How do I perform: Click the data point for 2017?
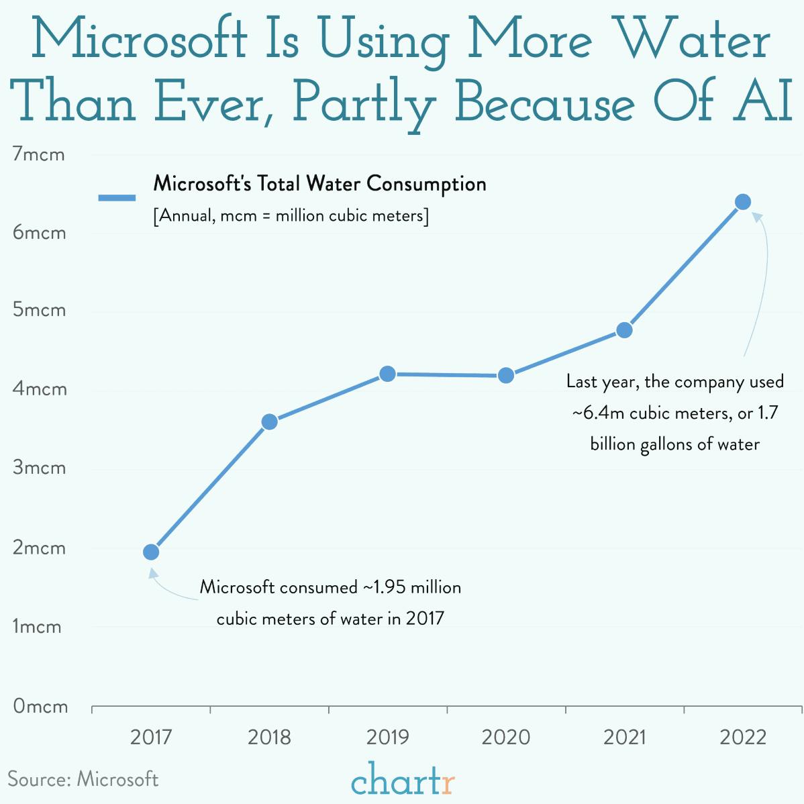pyautogui.click(x=151, y=552)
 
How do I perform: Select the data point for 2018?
pyautogui.click(x=269, y=421)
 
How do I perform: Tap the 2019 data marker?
pyautogui.click(x=387, y=374)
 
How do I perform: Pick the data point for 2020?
pyautogui.click(x=506, y=375)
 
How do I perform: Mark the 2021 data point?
pyautogui.click(x=624, y=330)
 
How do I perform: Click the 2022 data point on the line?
pyautogui.click(x=742, y=202)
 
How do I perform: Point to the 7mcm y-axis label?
pyautogui.click(x=39, y=154)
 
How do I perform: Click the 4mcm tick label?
pyautogui.click(x=40, y=389)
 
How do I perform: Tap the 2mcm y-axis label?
pyautogui.click(x=40, y=548)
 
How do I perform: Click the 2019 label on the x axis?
pyautogui.click(x=387, y=738)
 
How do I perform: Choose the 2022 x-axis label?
pyautogui.click(x=742, y=738)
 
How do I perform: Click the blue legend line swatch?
pyautogui.click(x=117, y=198)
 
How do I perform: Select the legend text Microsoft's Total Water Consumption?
pyautogui.click(x=320, y=183)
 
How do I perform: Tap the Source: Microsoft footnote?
pyautogui.click(x=83, y=779)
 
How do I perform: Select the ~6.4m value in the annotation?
pyautogui.click(x=599, y=413)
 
